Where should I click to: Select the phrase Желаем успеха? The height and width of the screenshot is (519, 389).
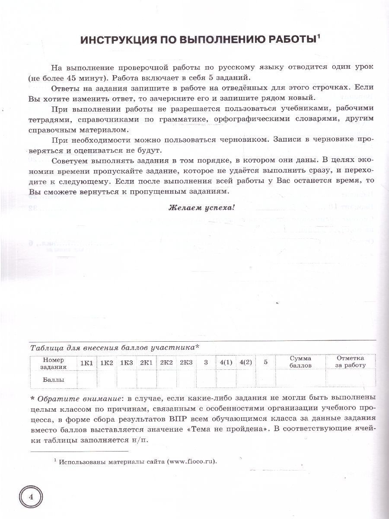(x=201, y=207)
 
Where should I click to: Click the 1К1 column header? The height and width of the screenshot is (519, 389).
(x=86, y=362)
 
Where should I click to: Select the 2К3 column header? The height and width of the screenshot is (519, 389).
(x=186, y=362)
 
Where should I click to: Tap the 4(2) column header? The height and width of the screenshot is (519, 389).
(x=246, y=362)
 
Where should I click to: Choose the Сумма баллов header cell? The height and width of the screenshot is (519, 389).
(x=300, y=362)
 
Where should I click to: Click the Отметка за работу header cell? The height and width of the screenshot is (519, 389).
(x=350, y=362)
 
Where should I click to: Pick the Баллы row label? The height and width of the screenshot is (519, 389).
(x=54, y=380)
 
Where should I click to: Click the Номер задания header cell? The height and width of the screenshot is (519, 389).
(x=54, y=362)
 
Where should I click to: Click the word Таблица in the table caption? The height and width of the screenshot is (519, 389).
(x=45, y=347)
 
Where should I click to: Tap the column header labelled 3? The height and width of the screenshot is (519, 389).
(x=206, y=362)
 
